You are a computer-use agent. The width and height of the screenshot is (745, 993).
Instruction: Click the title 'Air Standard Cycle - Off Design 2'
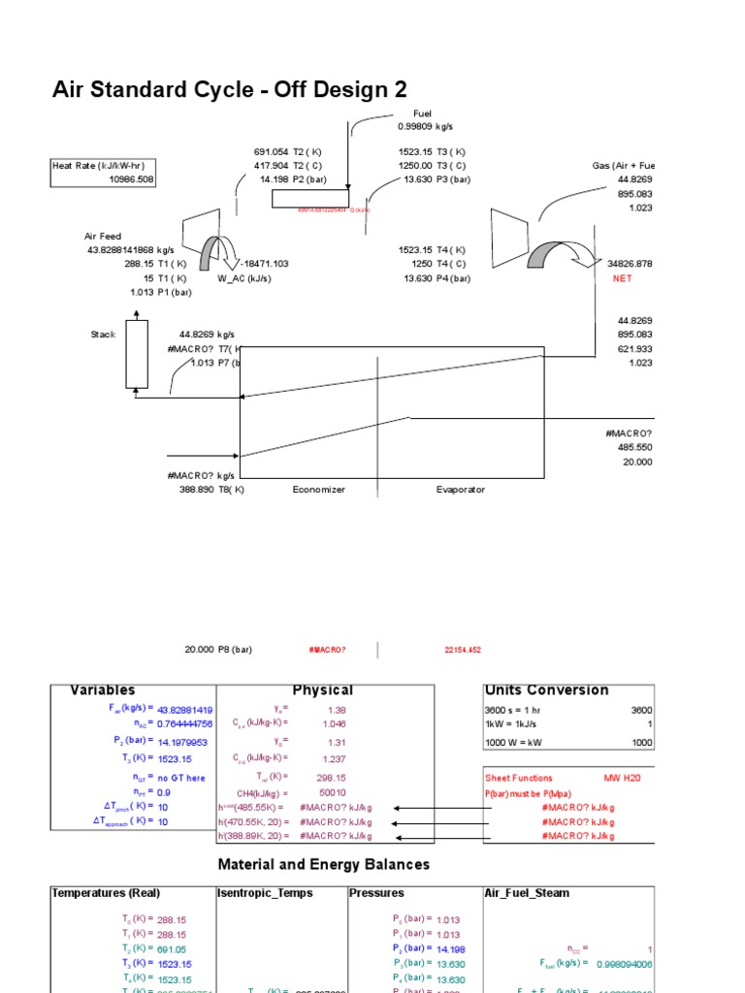click(229, 90)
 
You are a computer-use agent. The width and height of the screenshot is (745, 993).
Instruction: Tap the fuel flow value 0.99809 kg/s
click(425, 126)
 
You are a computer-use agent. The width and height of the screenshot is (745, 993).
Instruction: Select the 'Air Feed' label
click(103, 237)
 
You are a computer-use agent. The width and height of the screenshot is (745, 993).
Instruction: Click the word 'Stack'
click(103, 335)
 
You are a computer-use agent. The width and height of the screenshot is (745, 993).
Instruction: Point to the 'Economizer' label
click(318, 490)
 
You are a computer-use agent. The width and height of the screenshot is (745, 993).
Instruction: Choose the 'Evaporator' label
click(460, 490)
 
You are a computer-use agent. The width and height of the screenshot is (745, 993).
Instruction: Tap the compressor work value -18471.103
click(262, 264)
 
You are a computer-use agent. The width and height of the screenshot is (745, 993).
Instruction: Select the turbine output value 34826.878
click(630, 264)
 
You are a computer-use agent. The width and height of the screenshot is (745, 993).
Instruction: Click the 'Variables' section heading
click(103, 690)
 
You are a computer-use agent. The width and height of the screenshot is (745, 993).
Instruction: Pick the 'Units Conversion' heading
click(546, 690)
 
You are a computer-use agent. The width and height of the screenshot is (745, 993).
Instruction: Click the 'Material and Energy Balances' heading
click(324, 864)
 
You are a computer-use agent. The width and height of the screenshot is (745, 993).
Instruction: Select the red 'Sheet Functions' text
click(519, 778)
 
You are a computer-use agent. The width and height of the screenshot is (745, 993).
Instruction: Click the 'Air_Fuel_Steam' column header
click(527, 893)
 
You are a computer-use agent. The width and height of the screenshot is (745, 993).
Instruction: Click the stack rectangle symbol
click(137, 354)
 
